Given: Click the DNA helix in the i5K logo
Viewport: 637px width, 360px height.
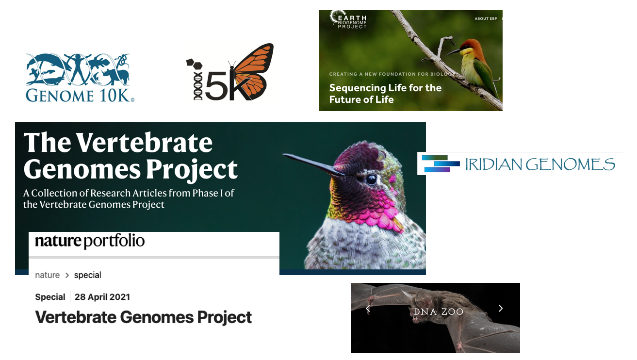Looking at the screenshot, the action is (x=197, y=86).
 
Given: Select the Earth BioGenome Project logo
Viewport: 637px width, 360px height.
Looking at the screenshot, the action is (x=348, y=19).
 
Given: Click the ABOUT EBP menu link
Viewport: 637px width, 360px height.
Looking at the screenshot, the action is (x=486, y=19).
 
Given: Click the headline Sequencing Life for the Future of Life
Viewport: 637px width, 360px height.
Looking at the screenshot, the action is (x=385, y=94).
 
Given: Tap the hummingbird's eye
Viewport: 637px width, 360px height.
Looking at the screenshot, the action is (x=371, y=179).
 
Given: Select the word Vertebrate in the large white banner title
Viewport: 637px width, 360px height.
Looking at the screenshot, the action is (x=144, y=143).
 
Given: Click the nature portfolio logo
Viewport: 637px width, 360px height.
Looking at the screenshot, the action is (x=90, y=241).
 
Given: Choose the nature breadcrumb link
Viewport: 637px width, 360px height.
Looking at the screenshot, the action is (x=47, y=275).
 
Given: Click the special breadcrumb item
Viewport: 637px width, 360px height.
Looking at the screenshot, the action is (x=88, y=275).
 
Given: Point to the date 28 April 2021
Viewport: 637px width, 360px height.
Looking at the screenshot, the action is (x=102, y=297).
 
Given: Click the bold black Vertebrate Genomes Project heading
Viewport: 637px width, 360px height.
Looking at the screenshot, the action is (x=143, y=317).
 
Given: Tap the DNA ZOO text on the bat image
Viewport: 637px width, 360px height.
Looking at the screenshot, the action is (x=439, y=311).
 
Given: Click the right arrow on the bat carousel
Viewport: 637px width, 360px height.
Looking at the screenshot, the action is (x=501, y=308).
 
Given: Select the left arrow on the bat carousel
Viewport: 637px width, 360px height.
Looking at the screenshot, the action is (x=368, y=309).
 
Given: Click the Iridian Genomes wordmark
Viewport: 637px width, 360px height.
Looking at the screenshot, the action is (x=540, y=164).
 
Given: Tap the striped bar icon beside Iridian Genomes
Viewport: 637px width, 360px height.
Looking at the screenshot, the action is (x=441, y=164).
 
